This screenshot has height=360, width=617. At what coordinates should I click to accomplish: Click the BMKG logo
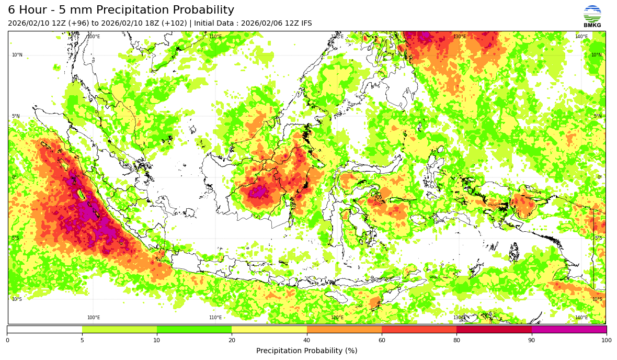tap(592, 16)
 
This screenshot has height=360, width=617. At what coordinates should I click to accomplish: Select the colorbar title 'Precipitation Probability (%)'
tap(306, 351)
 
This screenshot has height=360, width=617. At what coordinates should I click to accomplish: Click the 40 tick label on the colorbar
tap(307, 341)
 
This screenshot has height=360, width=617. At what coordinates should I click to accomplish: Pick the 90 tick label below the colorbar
tap(532, 341)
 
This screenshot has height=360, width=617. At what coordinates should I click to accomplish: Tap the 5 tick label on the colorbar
tap(82, 341)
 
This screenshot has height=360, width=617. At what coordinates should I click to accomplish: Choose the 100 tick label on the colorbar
tap(606, 341)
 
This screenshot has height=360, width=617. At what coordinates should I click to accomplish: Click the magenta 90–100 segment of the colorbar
tap(569, 329)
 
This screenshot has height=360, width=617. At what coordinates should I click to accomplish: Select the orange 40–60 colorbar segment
tap(344, 329)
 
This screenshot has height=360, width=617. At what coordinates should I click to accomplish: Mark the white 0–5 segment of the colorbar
tap(44, 329)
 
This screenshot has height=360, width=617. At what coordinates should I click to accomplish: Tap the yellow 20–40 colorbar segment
tap(269, 329)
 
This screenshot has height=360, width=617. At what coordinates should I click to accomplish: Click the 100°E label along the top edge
tap(94, 37)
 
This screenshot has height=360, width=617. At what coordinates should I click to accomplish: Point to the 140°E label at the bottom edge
tap(581, 318)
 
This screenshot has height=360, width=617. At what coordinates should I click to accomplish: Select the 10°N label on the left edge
tap(17, 55)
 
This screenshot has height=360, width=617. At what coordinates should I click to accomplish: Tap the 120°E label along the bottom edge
tap(337, 318)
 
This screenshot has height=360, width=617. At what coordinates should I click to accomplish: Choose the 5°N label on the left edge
tap(16, 116)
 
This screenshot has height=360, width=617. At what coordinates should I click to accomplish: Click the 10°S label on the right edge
tap(597, 299)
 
